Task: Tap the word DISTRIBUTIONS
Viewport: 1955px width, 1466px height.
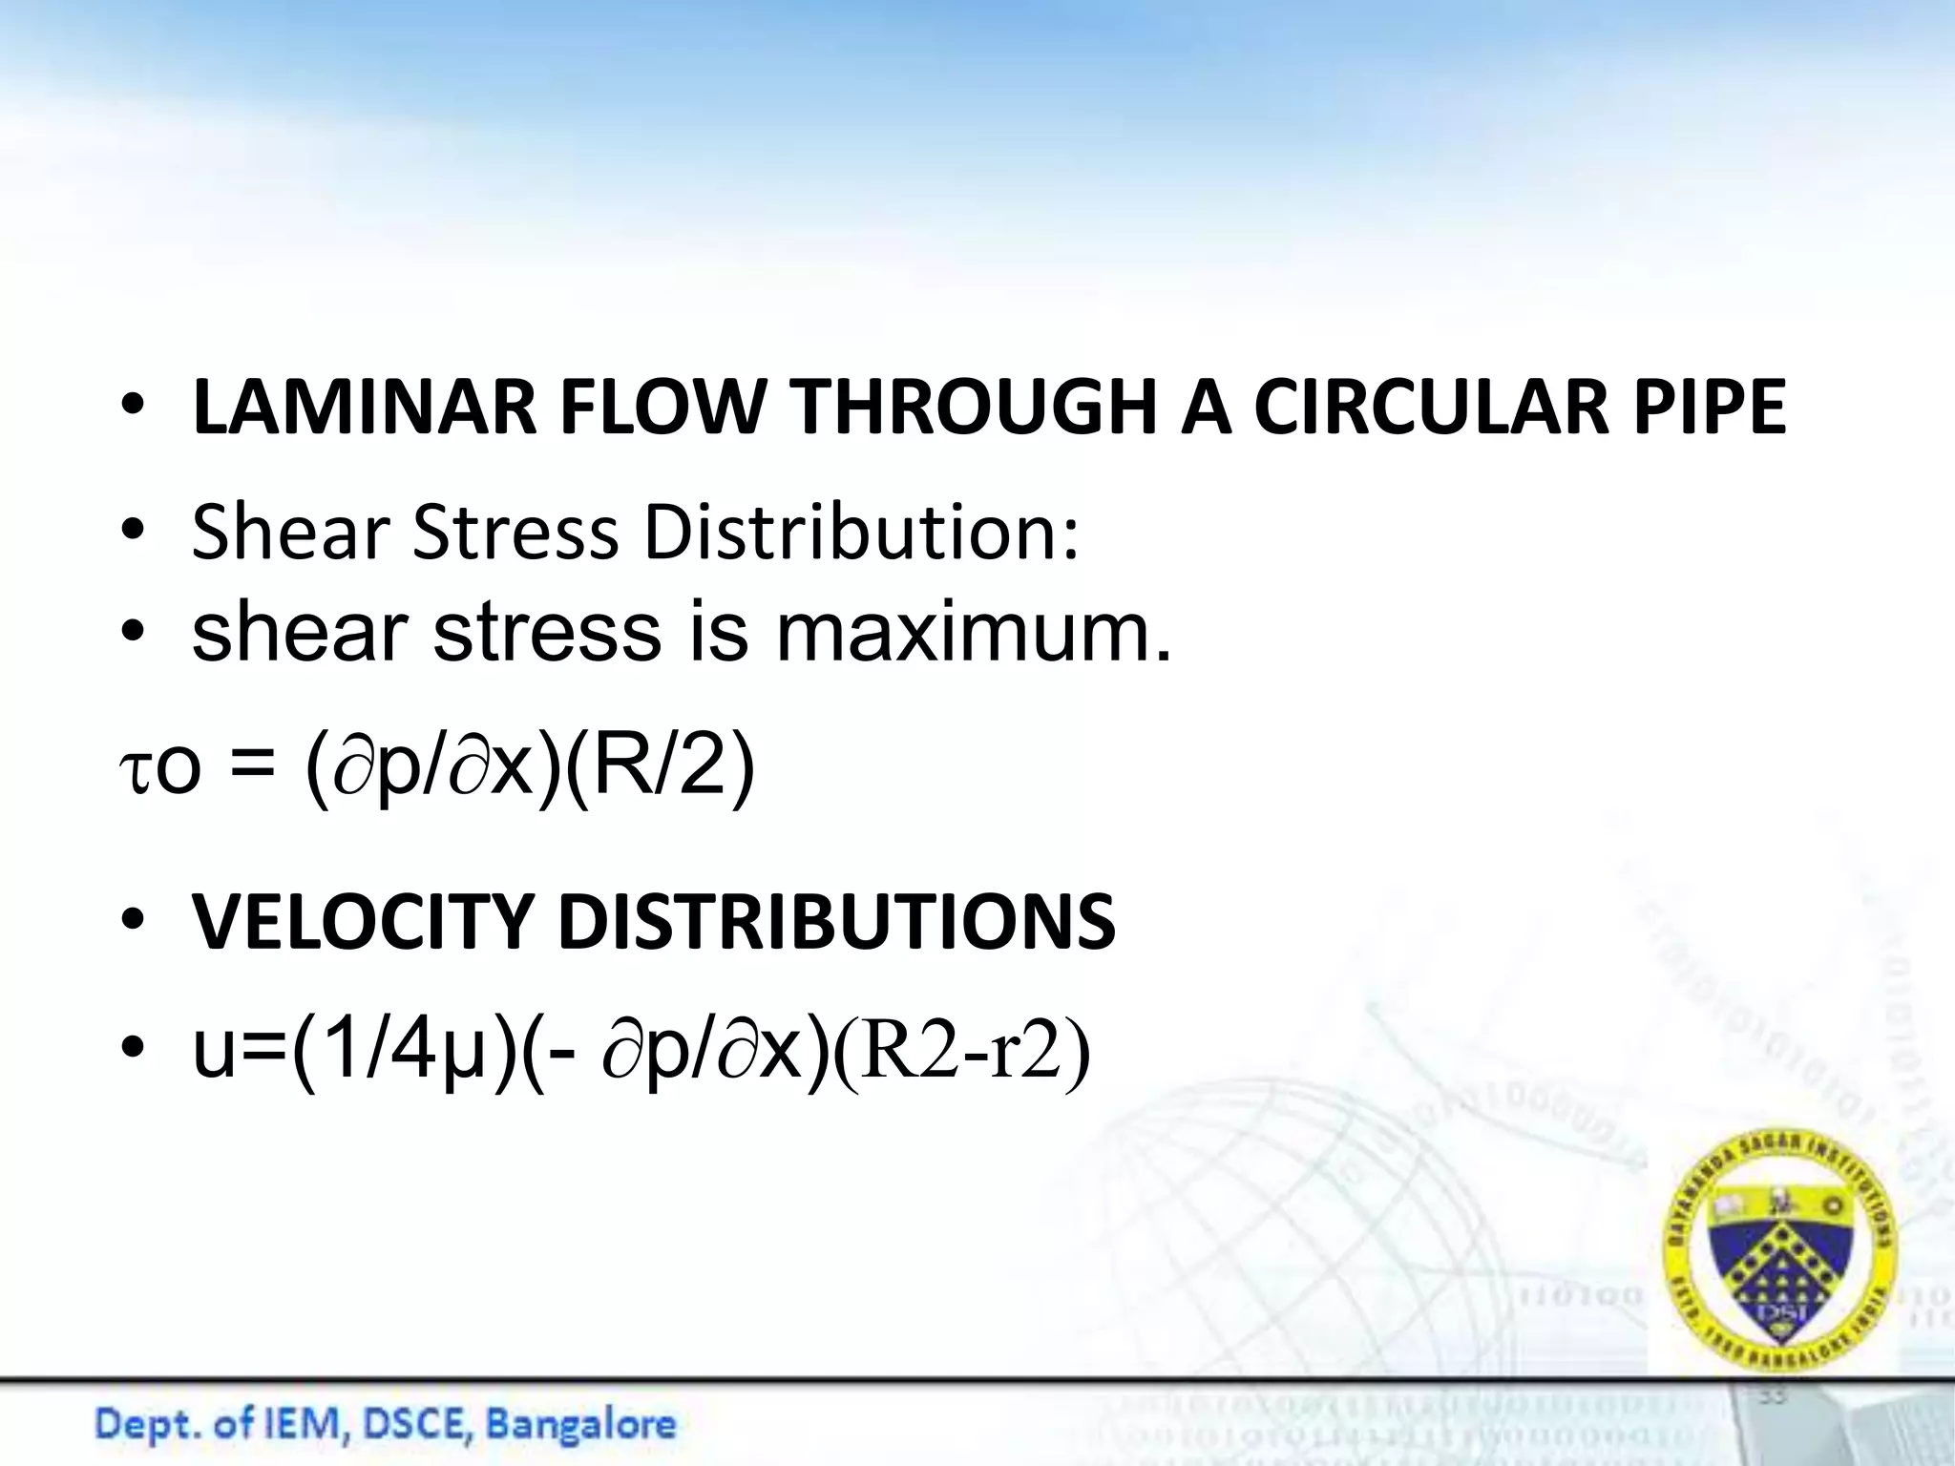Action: (x=836, y=923)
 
